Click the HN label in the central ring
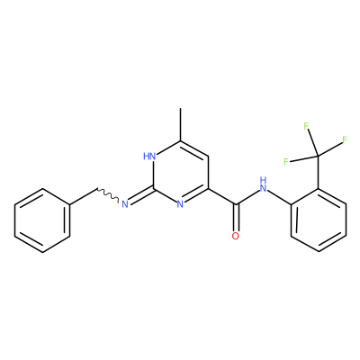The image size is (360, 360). click(149, 157)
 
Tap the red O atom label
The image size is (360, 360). click(236, 236)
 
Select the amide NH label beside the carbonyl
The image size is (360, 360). click(263, 184)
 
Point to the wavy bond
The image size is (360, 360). click(108, 195)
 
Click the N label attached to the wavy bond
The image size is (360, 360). click(125, 204)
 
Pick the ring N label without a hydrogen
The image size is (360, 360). click(180, 204)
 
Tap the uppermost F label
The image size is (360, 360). click(306, 126)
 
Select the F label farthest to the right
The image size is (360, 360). click(345, 139)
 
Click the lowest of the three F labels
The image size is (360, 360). click(286, 162)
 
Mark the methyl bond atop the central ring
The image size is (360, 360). click(180, 124)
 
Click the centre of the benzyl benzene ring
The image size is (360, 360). click(42, 220)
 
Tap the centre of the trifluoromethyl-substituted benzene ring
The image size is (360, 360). click(319, 220)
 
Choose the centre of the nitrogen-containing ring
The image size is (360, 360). click(180, 173)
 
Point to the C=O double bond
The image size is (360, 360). click(236, 218)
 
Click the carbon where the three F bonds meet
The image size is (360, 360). click(318, 156)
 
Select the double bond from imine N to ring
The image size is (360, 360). click(141, 196)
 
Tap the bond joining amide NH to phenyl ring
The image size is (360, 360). click(279, 198)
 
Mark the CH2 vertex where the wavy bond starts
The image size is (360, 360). click(97, 189)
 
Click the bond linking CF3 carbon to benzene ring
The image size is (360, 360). click(319, 172)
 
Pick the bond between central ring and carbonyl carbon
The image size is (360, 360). click(222, 197)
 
